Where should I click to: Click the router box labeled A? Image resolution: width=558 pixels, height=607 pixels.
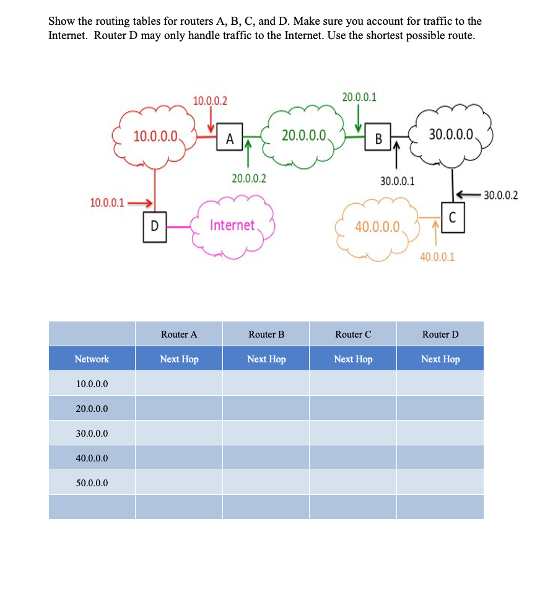229,138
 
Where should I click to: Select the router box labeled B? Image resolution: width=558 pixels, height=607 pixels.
378,138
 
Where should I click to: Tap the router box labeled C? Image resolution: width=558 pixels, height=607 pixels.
452,218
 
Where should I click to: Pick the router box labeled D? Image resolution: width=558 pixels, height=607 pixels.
155,227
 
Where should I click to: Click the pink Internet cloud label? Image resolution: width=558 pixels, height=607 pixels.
232,225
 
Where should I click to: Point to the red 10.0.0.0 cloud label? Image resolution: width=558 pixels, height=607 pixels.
155,136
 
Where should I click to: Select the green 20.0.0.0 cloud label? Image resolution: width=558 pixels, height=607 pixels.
303,136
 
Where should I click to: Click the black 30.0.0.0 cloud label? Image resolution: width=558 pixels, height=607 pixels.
451,134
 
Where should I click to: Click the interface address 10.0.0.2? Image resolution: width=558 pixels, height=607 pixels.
210,100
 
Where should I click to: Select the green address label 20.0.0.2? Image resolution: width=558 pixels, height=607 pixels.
249,179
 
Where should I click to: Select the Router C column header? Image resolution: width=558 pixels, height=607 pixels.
353,334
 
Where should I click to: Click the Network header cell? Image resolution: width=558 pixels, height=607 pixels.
92,359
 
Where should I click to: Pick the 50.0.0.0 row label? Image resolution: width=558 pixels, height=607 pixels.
92,483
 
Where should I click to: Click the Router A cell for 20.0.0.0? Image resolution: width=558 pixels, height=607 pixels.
179,409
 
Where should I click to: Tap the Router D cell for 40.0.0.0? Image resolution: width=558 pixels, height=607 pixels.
440,458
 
